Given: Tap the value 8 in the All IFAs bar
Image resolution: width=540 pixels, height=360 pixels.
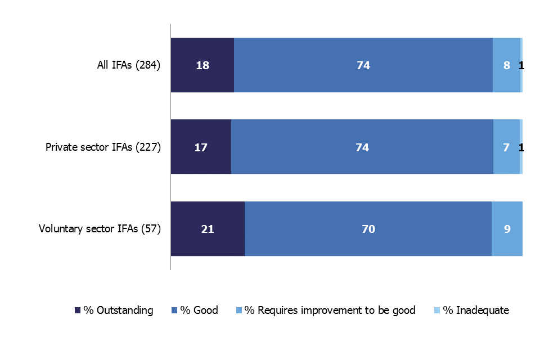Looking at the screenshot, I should pyautogui.click(x=507, y=65).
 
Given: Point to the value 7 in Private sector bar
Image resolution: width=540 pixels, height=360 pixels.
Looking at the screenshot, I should pyautogui.click(x=506, y=147).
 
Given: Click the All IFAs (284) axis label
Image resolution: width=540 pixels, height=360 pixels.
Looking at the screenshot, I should pyautogui.click(x=129, y=65).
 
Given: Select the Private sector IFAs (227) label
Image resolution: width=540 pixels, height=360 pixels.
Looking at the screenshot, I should pyautogui.click(x=103, y=147).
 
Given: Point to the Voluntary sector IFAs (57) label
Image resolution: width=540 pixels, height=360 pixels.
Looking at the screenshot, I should pyautogui.click(x=100, y=229).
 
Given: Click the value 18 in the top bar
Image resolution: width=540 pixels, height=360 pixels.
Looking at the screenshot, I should pyautogui.click(x=202, y=65).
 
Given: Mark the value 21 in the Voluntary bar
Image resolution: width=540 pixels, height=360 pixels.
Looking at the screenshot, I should pyautogui.click(x=208, y=229).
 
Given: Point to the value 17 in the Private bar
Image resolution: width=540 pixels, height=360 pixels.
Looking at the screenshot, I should pyautogui.click(x=201, y=147).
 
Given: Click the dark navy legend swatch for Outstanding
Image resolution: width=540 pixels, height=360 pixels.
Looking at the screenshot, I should pyautogui.click(x=78, y=310).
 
